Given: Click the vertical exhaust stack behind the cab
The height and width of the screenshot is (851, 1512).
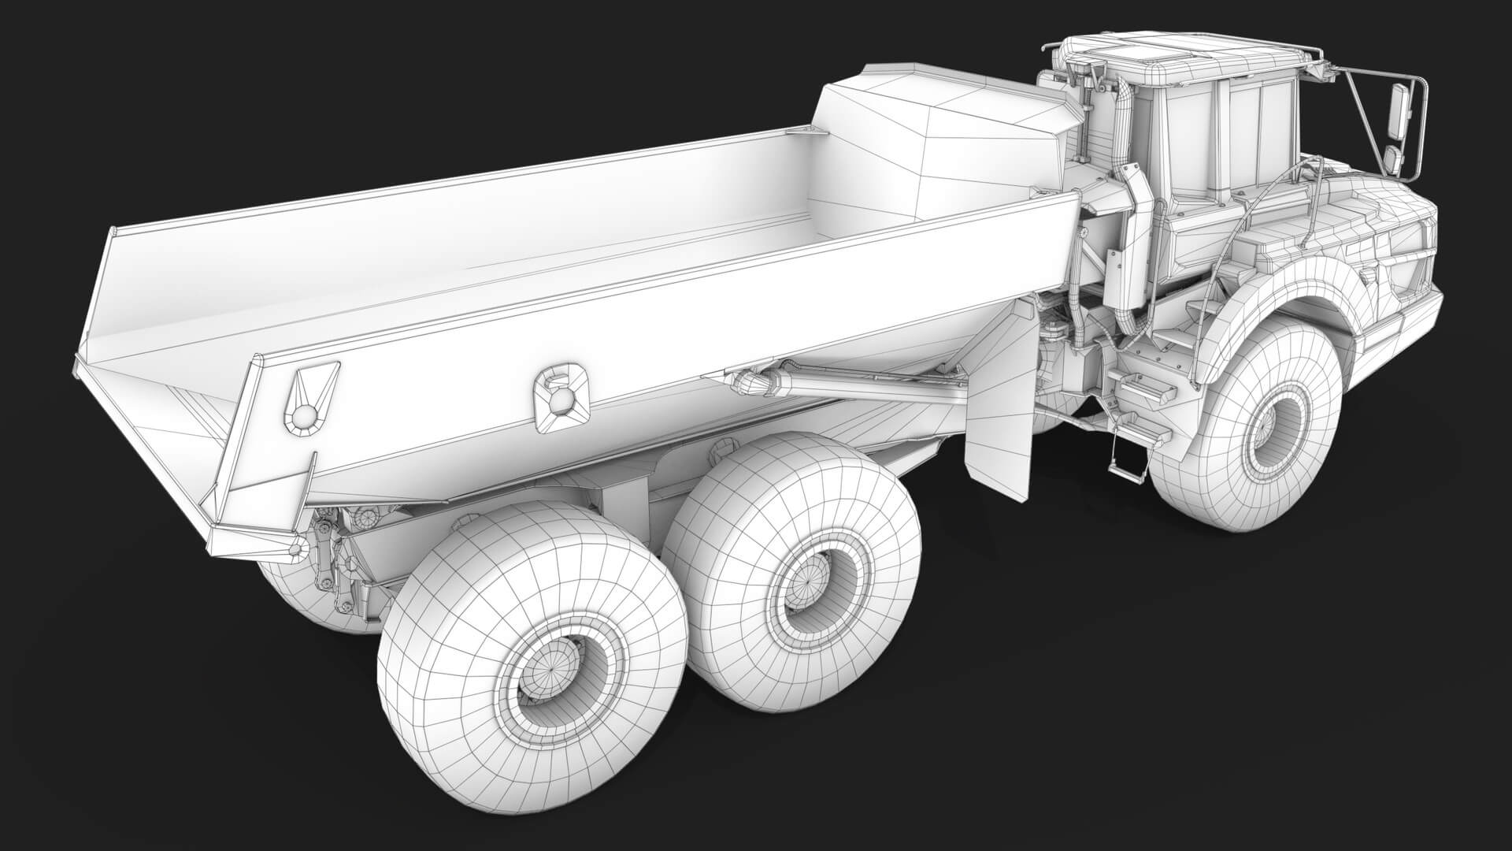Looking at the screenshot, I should coord(1132,236).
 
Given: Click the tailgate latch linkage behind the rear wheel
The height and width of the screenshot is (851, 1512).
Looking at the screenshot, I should coord(331,552).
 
